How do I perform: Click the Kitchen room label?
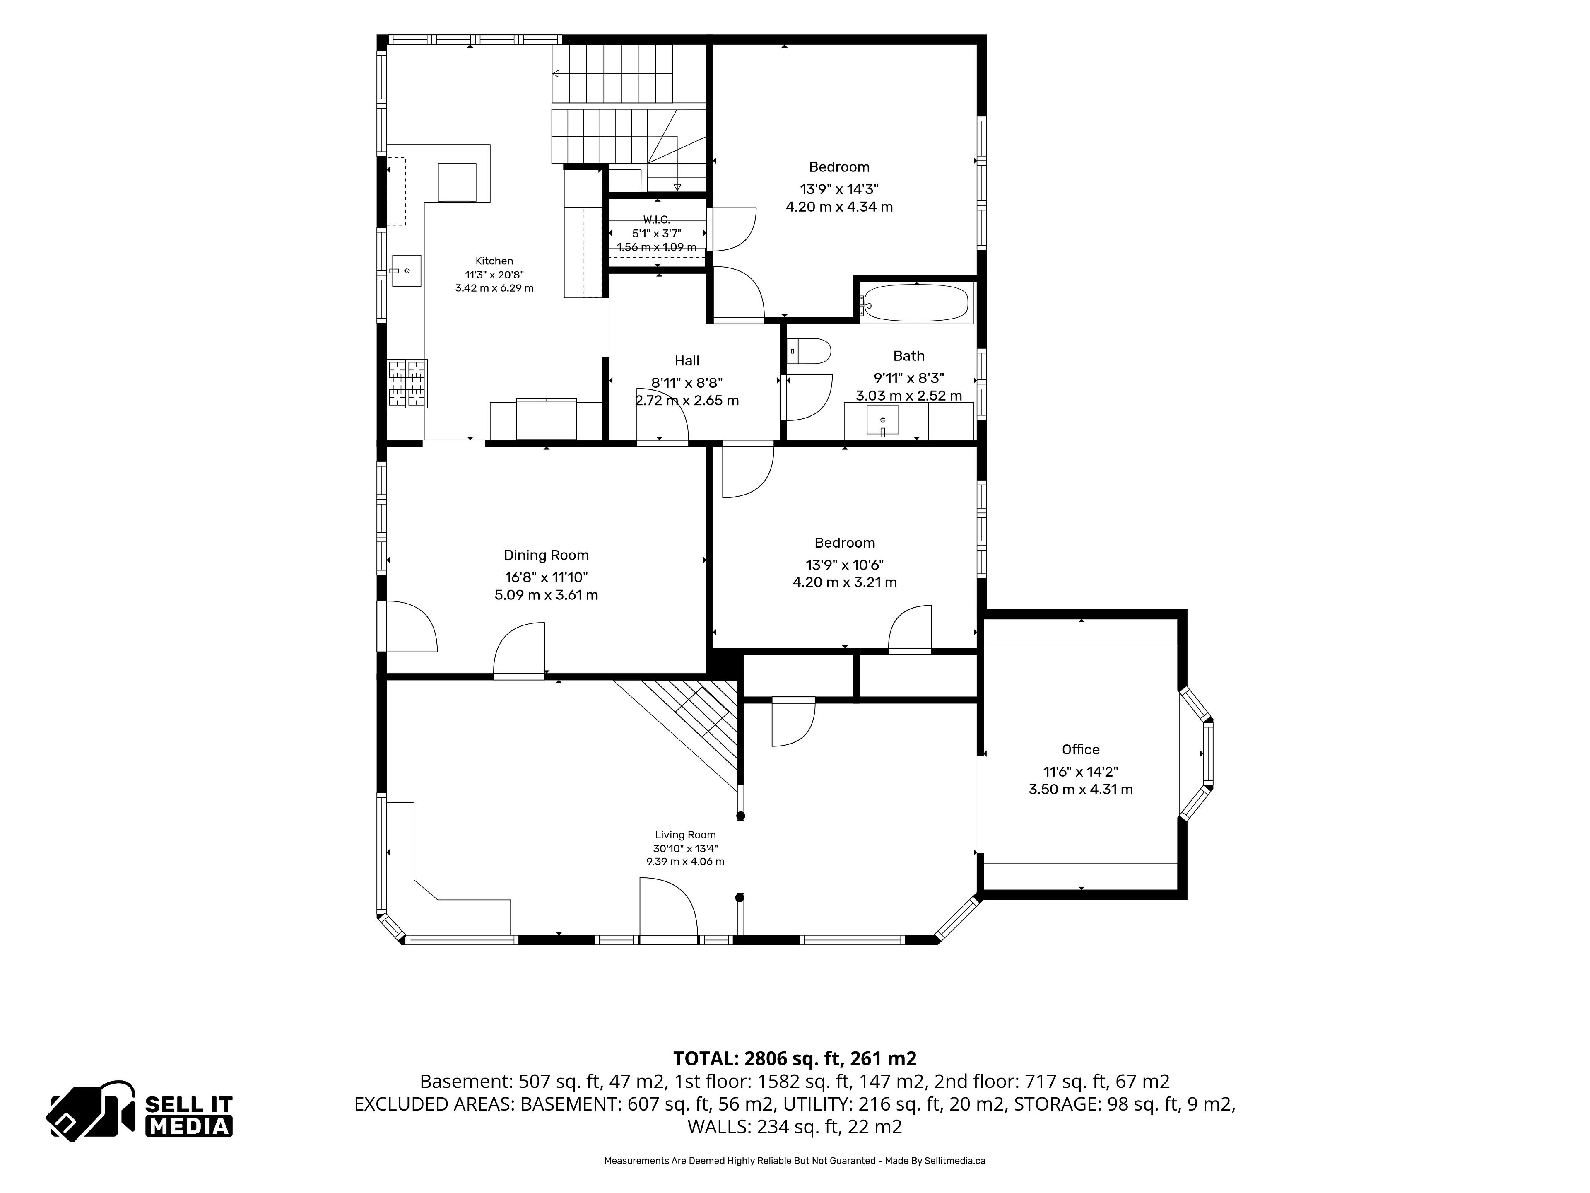tap(494, 261)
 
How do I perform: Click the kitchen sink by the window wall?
tap(406, 271)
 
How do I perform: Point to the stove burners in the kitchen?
tap(407, 383)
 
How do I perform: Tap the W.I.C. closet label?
tap(656, 219)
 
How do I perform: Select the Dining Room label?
tap(546, 555)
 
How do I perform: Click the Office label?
tap(1080, 749)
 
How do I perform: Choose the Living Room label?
tap(685, 835)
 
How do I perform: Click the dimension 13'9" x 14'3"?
tap(839, 189)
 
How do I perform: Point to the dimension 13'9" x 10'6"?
tap(845, 565)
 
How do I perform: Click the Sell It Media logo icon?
tap(91, 1111)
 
